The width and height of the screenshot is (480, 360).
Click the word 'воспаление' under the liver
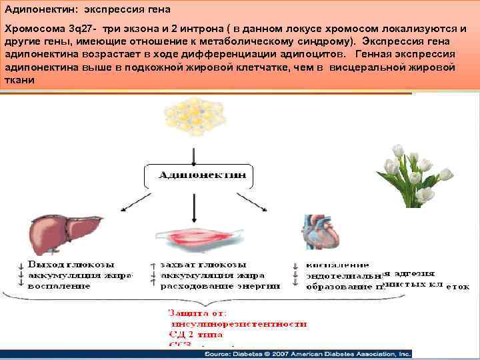59,286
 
